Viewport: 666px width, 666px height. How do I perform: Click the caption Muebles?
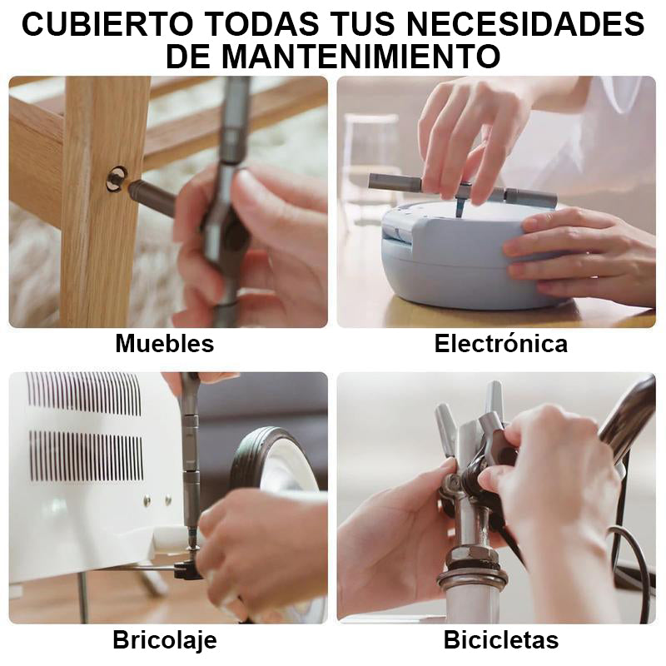click(164, 343)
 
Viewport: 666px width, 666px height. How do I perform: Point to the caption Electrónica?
click(500, 343)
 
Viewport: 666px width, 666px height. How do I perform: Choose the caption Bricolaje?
click(164, 640)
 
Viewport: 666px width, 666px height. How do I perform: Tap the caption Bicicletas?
click(500, 640)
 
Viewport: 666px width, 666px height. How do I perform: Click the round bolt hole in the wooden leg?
click(116, 177)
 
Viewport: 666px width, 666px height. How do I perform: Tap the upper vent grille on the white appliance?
click(83, 393)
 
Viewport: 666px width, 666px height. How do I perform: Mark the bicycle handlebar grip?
click(629, 416)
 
